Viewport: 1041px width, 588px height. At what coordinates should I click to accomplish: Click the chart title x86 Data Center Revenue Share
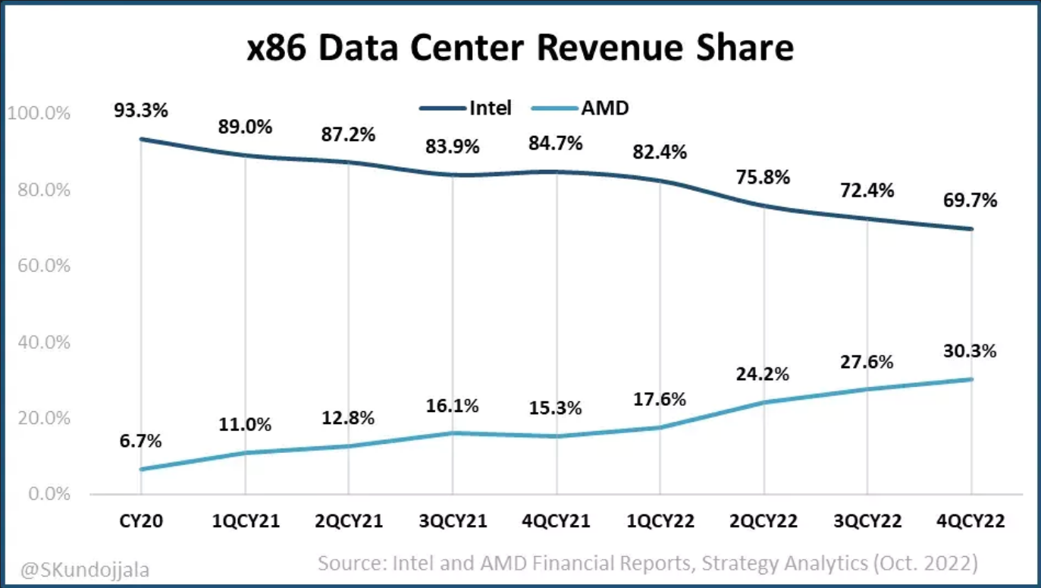520,49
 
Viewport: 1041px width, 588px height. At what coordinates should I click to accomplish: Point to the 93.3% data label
141,110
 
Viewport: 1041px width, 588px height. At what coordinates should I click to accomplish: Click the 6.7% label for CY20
141,441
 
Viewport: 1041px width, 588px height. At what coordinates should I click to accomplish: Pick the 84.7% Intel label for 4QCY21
556,143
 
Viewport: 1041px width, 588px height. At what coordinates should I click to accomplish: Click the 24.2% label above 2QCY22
764,374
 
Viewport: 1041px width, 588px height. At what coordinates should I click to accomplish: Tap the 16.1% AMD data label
453,406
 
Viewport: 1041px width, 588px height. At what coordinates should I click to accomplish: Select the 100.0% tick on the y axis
39,113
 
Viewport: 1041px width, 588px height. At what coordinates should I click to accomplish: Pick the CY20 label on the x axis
141,522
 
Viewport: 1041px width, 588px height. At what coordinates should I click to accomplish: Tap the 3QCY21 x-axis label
453,522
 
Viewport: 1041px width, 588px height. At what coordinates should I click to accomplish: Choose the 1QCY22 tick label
660,522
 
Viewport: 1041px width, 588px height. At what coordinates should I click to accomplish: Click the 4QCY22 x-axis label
971,522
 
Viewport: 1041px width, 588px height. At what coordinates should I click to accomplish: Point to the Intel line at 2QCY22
764,206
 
